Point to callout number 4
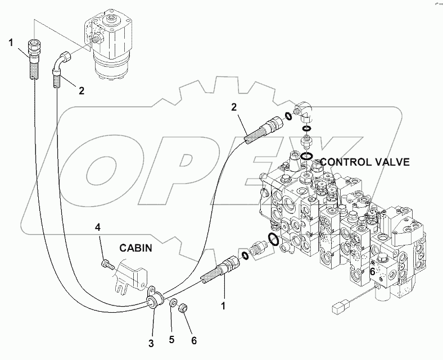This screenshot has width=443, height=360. tap(97, 227)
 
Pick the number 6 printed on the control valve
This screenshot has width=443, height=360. tap(372, 271)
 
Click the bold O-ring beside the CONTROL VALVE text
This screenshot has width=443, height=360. tap(306, 157)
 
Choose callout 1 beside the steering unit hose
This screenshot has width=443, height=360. tap(10, 42)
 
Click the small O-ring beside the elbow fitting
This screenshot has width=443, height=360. tap(287, 115)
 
